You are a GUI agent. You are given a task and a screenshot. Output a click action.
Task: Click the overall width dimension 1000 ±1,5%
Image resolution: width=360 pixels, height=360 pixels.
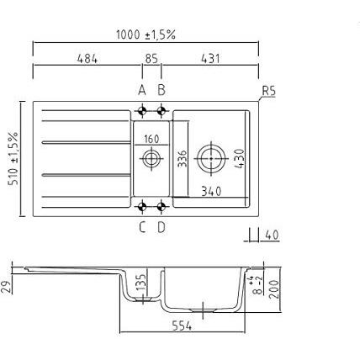tap(146, 34)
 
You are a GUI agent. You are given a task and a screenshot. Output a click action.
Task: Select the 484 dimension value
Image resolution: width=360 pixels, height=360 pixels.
tap(87, 59)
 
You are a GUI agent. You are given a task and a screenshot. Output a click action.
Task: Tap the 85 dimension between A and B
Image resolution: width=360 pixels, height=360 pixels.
tap(151, 59)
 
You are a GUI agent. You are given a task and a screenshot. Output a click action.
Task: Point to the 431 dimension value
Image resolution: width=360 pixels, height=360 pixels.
tap(210, 59)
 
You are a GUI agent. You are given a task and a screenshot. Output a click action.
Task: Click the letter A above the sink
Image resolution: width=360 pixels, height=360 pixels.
tap(142, 90)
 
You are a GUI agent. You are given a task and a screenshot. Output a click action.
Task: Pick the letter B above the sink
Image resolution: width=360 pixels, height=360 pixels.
tap(161, 90)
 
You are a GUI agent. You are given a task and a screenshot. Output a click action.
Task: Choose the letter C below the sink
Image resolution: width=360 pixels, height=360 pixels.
tap(142, 227)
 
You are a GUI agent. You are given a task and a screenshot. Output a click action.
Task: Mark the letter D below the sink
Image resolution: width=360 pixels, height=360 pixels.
tap(161, 227)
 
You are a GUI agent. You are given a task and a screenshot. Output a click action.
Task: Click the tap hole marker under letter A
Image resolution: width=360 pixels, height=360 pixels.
tap(142, 111)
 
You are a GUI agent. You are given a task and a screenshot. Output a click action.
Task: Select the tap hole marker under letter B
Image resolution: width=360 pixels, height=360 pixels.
tap(161, 111)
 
